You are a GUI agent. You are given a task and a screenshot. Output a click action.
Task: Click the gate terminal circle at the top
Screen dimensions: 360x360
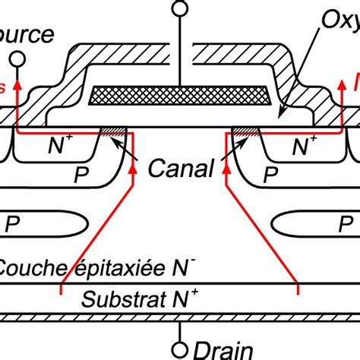tap(180, 9)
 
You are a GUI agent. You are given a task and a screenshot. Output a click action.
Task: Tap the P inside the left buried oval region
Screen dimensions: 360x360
tap(13, 225)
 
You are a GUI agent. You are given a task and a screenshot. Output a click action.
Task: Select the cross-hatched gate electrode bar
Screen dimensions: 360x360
tap(180, 94)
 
